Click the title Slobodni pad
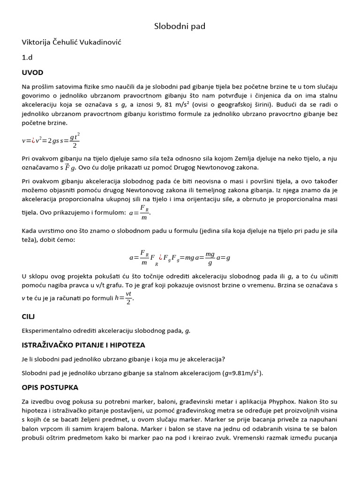click(x=180, y=26)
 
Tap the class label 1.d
click(x=27, y=57)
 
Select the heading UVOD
click(x=32, y=73)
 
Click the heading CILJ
click(x=28, y=316)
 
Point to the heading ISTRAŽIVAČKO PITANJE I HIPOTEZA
click(x=83, y=345)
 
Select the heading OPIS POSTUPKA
click(x=50, y=388)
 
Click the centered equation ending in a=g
click(x=180, y=257)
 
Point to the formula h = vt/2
click(x=124, y=299)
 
